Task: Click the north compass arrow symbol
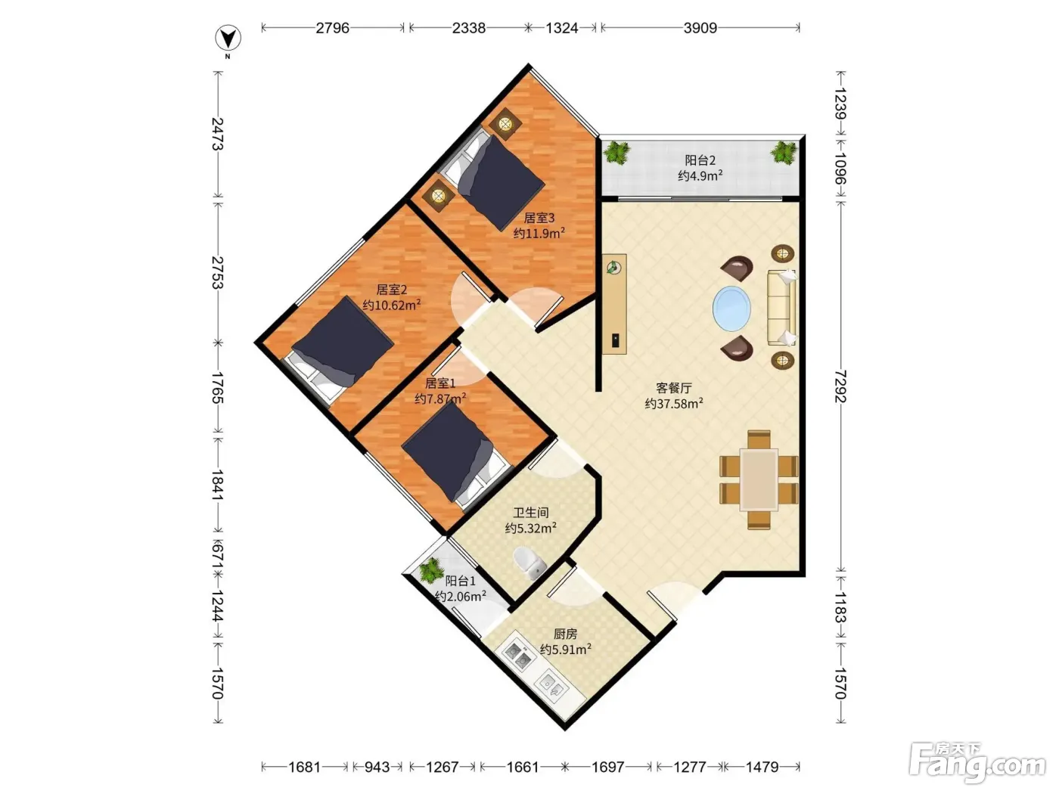(x=228, y=39)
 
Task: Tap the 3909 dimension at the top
(x=700, y=28)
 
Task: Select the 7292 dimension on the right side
(x=840, y=386)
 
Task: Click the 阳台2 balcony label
(x=700, y=160)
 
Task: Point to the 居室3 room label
(x=539, y=218)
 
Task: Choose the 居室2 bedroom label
(x=391, y=290)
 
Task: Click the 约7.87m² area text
(x=440, y=399)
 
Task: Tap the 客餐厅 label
(x=674, y=388)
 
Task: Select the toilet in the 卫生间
(x=529, y=563)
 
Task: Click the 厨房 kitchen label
(x=565, y=634)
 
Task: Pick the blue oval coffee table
(x=731, y=309)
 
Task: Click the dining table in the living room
(x=759, y=479)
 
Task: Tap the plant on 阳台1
(x=430, y=570)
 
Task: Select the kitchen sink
(x=553, y=686)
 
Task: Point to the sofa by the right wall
(x=781, y=308)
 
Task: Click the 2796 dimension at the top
(x=332, y=28)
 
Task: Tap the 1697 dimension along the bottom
(x=607, y=767)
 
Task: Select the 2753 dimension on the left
(x=218, y=272)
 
